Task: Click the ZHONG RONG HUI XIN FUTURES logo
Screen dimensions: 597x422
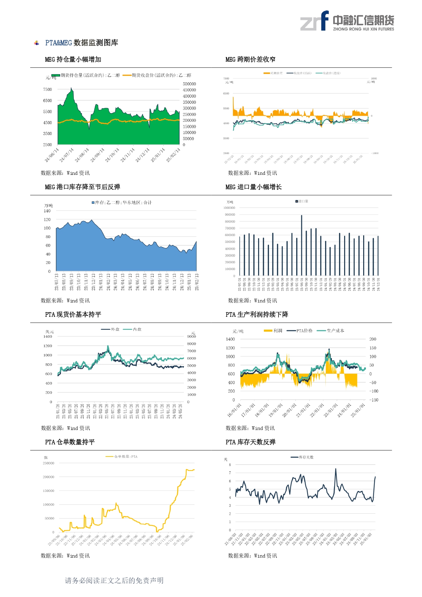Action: [x=347, y=21]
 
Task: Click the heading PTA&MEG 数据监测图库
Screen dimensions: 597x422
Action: [x=82, y=43]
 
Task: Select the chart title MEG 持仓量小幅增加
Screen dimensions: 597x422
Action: [x=73, y=60]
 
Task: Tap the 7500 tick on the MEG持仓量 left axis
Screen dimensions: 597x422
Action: [x=48, y=89]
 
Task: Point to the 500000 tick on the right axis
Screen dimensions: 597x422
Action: [x=189, y=84]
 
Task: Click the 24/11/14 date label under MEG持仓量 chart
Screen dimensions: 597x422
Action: [x=128, y=155]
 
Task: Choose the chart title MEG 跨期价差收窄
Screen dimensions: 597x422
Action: [x=250, y=60]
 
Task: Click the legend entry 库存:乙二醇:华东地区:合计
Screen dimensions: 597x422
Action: [x=123, y=203]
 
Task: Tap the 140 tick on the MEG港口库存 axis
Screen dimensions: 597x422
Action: [x=47, y=211]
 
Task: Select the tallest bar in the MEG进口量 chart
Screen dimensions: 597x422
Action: [x=301, y=245]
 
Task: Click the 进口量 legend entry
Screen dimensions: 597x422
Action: [x=303, y=201]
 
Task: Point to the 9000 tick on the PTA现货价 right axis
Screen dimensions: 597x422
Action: [x=191, y=336]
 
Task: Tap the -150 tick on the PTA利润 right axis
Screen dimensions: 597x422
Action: [x=374, y=400]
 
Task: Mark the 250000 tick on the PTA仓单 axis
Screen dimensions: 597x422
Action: [x=48, y=463]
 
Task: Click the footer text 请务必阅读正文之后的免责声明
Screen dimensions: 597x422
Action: [x=114, y=581]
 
